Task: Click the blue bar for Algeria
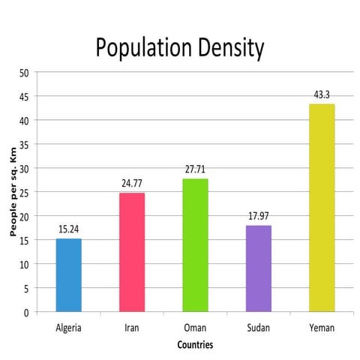coord(68,274)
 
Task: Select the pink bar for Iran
coord(132,252)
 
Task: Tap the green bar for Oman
coord(195,244)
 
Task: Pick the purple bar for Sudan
coord(258,268)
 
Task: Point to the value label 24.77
coord(132,183)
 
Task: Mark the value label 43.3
coord(322,95)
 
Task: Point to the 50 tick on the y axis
coord(24,73)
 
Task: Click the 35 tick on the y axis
coord(24,144)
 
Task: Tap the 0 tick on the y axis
coord(26,312)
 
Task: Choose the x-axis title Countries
coord(195,345)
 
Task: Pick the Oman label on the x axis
coord(195,328)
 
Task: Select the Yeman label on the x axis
coord(322,328)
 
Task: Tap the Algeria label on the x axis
coord(68,328)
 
